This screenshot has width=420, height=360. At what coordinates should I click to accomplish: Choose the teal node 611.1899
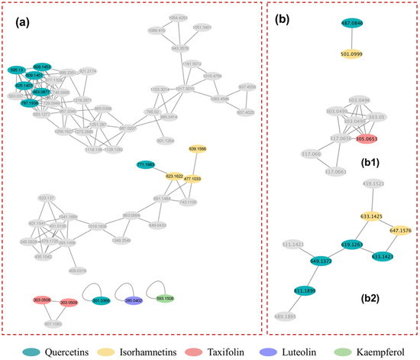[x=307, y=291]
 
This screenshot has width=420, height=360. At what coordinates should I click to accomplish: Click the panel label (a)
[x=25, y=21]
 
